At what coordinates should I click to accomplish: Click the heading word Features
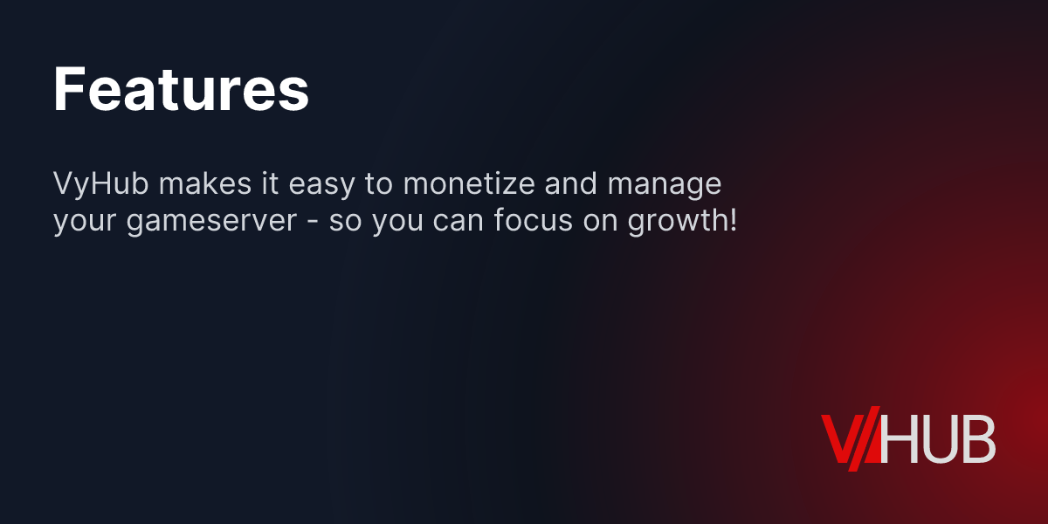[x=182, y=90]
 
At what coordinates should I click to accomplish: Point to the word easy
[x=327, y=187]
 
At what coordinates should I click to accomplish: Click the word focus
[x=532, y=222]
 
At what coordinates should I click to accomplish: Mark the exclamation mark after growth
[x=732, y=220]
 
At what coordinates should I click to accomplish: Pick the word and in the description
[x=579, y=185]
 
